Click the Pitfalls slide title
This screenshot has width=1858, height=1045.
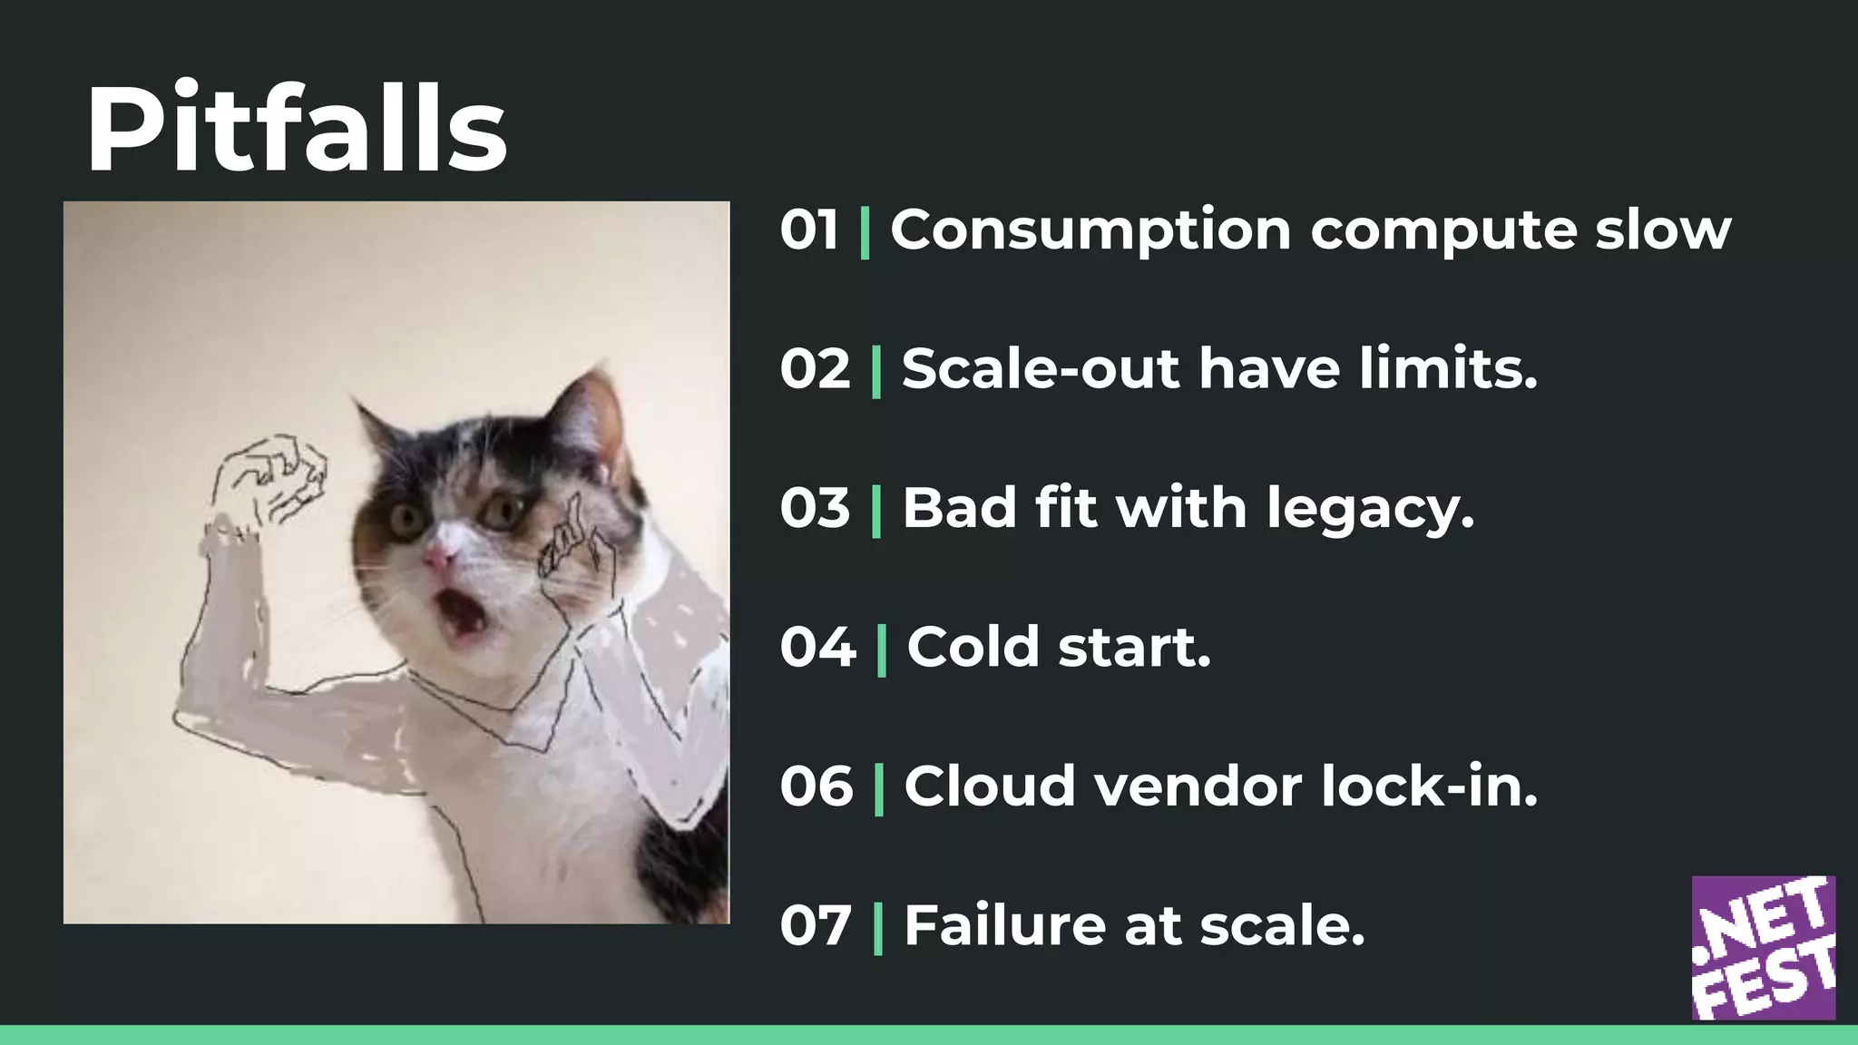point(296,129)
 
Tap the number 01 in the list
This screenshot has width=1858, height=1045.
point(809,230)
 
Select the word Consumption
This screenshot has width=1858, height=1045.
point(1090,230)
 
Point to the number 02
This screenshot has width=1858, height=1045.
point(815,369)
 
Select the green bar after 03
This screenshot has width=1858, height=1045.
point(876,510)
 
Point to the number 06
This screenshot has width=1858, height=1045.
point(816,786)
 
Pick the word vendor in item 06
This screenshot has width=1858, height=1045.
point(1198,786)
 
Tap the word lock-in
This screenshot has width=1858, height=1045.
point(1429,786)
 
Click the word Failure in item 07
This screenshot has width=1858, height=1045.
point(1004,926)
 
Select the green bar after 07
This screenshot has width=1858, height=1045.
point(877,927)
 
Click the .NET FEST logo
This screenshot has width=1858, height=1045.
point(1763,947)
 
